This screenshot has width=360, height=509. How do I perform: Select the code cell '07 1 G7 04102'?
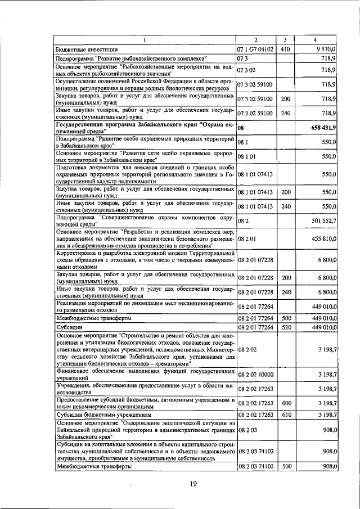pos(255,49)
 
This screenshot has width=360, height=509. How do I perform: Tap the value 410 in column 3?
pos(285,49)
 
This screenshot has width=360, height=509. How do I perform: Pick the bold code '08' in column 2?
pos(241,128)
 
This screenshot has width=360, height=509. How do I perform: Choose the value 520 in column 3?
pos(285,326)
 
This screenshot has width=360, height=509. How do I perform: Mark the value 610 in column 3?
pos(285,414)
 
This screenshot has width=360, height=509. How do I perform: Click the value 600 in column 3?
pos(285,403)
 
